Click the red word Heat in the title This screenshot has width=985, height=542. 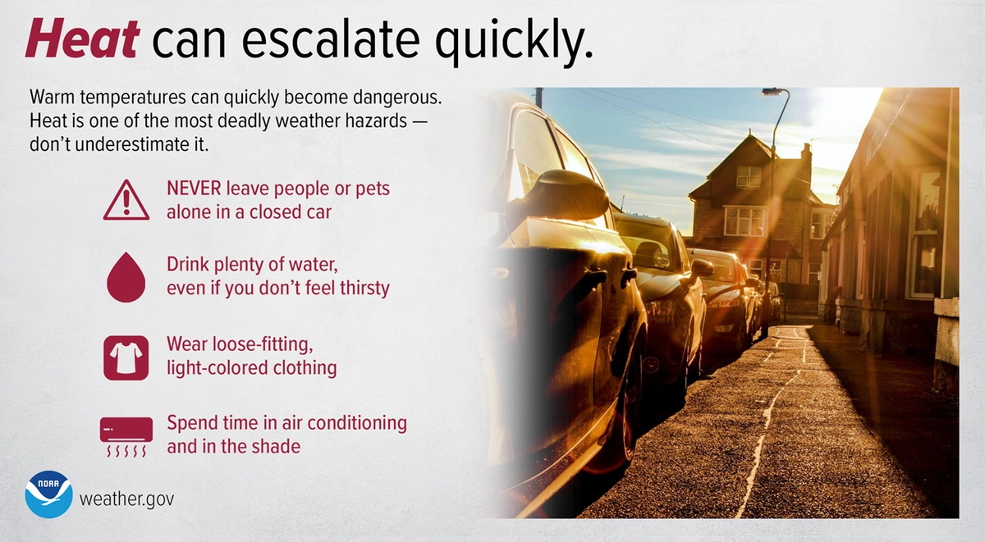coord(83,39)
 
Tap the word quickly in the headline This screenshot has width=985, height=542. coord(514,42)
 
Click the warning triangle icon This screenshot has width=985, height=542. coord(126,200)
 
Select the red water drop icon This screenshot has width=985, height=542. coord(126,277)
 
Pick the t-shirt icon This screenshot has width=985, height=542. coord(126,358)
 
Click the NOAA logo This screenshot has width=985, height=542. coord(48,494)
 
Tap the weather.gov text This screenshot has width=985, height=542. coord(126,499)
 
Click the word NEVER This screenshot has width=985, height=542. coord(194,189)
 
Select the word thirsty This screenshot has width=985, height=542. coord(365,289)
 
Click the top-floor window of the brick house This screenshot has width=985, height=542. coord(749,177)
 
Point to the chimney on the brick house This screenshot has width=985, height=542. coord(805,153)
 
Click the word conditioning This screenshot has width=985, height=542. coord(357,424)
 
